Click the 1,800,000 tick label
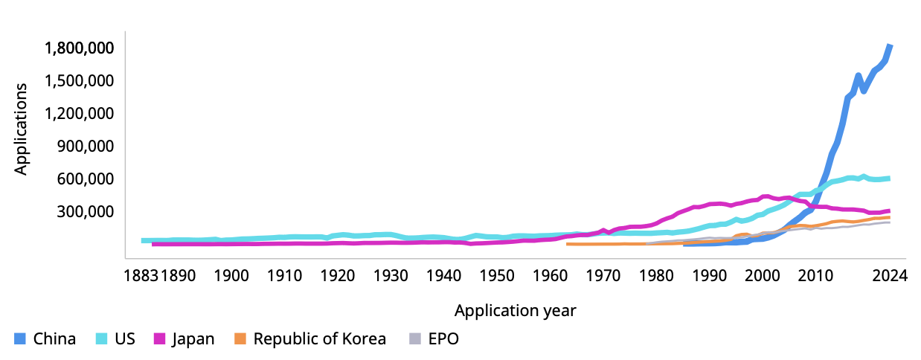tap(79, 48)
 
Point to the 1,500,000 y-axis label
tap(79, 81)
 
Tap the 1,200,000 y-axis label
tap(79, 113)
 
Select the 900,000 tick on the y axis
tap(86, 147)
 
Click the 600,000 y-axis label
tap(86, 179)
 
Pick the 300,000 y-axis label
tap(86, 212)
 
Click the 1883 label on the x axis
tap(141, 276)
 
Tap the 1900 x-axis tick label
tap(231, 276)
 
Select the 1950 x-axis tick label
tap(497, 276)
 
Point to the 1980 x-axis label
tap(656, 276)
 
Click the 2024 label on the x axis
tap(890, 276)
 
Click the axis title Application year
tap(516, 311)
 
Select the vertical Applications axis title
tap(21, 129)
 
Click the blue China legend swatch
tap(20, 339)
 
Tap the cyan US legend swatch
tap(102, 339)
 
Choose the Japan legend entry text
tap(193, 339)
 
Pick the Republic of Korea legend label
tap(319, 339)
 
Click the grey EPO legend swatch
tap(415, 339)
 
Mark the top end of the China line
tap(890, 45)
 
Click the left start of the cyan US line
tap(142, 241)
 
